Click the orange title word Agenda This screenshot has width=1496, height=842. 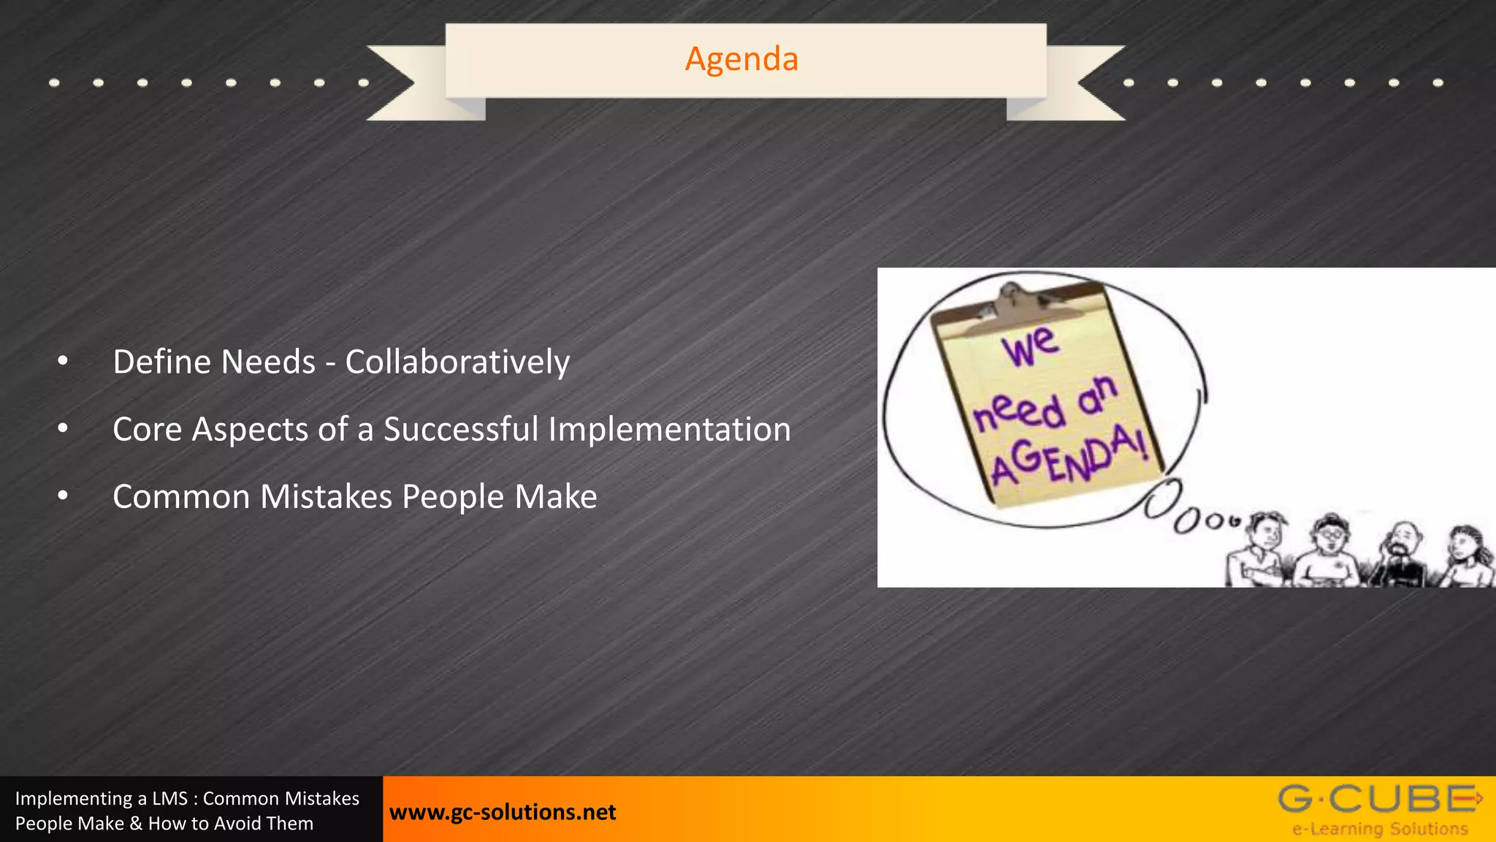tap(741, 59)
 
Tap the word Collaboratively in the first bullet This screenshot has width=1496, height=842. tap(457, 362)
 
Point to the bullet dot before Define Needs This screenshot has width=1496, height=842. tap(63, 360)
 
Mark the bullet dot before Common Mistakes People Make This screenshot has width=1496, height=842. tap(63, 496)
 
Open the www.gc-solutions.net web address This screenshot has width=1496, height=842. tap(503, 812)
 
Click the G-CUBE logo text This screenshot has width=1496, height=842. tap(1377, 799)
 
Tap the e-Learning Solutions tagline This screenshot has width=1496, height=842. tap(1380, 829)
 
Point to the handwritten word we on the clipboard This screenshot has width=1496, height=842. tap(1030, 346)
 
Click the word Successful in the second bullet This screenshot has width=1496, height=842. tap(461, 429)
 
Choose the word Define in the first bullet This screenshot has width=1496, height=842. tap(161, 362)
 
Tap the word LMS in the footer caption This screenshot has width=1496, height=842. tap(169, 798)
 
